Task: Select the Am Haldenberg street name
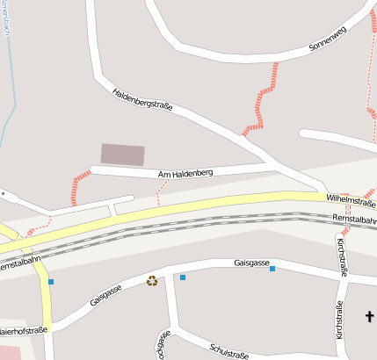coord(185,175)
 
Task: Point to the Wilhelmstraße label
coord(351,202)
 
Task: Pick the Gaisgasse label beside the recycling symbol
coord(107,292)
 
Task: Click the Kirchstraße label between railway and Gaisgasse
coord(341,256)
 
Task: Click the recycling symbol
coord(152,281)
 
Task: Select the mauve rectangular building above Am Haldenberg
coord(122,155)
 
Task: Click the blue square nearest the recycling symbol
coord(183,277)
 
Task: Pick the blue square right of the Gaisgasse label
coord(272,268)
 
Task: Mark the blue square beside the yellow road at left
coord(51,281)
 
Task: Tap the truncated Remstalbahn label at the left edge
coord(19,263)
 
